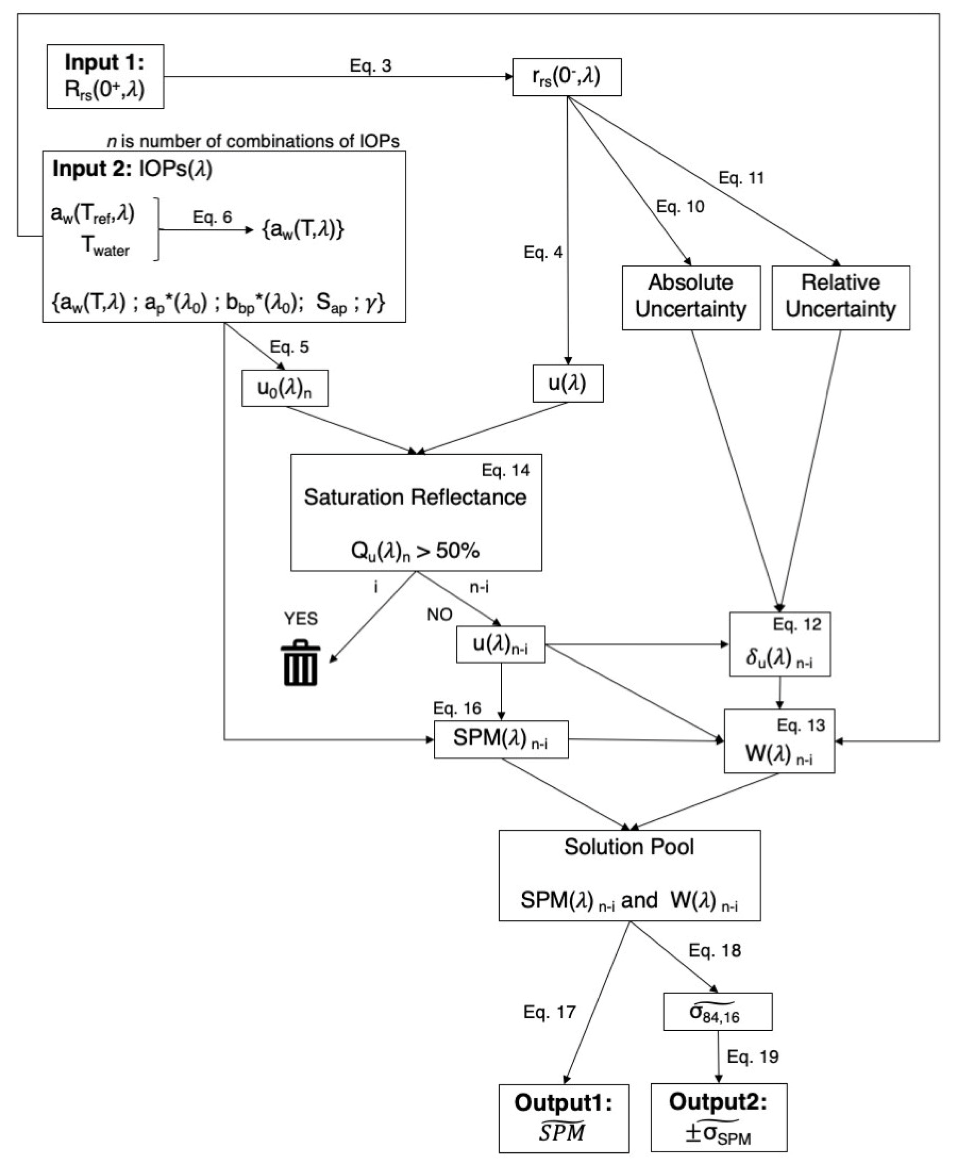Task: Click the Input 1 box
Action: [x=105, y=76]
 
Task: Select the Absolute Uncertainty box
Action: [x=691, y=298]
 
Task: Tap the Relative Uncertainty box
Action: [x=840, y=298]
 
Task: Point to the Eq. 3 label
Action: [x=371, y=65]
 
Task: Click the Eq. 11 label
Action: [x=741, y=178]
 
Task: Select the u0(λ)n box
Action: [x=285, y=389]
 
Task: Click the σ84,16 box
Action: [x=717, y=1012]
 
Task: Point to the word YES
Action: [x=301, y=619]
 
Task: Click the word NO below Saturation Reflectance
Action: [x=440, y=614]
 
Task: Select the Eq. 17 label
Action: [x=549, y=1012]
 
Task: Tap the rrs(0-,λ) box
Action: [x=567, y=77]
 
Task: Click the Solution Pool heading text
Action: [x=629, y=847]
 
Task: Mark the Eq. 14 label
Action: [x=505, y=470]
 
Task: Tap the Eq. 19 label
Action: [x=752, y=1056]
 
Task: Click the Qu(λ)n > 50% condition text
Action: [x=415, y=550]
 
